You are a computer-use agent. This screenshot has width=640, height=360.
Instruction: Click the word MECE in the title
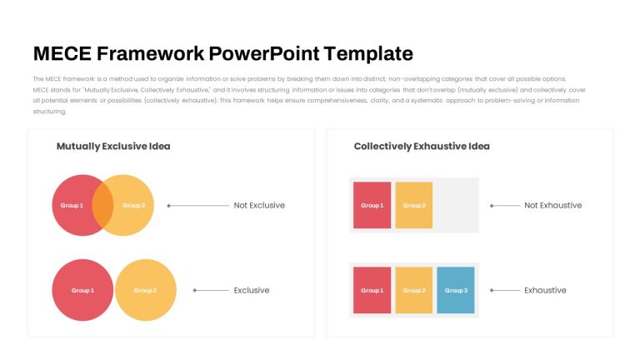point(62,53)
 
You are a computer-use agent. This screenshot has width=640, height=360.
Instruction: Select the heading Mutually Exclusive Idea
point(113,146)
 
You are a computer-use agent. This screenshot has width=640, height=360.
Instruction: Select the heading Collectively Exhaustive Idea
point(422,146)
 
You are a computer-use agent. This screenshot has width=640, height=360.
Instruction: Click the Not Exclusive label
point(259,205)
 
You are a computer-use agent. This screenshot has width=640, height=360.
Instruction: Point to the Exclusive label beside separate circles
point(252,290)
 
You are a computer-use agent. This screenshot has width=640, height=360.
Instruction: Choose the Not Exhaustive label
point(553,205)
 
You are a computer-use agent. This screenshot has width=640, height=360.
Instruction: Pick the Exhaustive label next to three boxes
point(545,290)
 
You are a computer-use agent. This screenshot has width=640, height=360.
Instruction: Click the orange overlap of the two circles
point(102,205)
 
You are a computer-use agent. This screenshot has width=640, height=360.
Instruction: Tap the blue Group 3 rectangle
point(456,290)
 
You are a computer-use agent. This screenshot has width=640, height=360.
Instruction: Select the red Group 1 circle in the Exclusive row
point(82,290)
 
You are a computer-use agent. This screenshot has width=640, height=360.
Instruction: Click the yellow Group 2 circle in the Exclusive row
point(146,290)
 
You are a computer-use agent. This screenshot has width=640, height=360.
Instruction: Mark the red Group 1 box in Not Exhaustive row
point(372,205)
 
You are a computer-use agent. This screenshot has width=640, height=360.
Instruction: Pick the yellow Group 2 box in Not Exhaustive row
point(414,205)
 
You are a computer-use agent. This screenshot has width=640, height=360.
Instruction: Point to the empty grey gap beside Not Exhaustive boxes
point(456,205)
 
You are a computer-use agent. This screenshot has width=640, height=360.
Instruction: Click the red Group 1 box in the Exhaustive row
point(372,290)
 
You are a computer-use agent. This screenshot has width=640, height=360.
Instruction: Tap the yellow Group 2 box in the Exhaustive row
point(414,290)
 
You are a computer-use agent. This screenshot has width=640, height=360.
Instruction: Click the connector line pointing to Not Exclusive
point(198,205)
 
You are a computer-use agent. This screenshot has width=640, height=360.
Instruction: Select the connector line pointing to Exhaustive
point(505,290)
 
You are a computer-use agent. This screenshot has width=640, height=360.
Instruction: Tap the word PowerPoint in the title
point(264,53)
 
